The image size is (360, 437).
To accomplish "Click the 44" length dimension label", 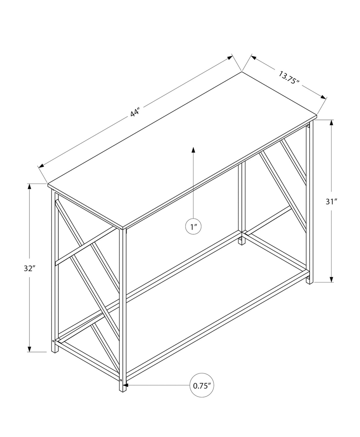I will click(x=134, y=112).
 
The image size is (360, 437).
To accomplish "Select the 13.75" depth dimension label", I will click(x=289, y=78).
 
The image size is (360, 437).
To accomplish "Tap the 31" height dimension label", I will click(x=331, y=201).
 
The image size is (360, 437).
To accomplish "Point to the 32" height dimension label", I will click(x=29, y=268).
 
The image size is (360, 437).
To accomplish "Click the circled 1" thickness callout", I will click(x=193, y=227).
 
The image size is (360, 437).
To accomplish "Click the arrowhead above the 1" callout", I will click(x=193, y=149).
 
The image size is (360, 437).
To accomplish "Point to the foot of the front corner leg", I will click(x=123, y=389).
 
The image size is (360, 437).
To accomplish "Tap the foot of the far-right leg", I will click(x=309, y=282).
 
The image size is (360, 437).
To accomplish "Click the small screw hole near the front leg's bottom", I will click(x=121, y=380).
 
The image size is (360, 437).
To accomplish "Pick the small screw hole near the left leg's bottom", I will click(x=53, y=341).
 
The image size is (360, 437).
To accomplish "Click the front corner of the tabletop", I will click(x=124, y=228).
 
